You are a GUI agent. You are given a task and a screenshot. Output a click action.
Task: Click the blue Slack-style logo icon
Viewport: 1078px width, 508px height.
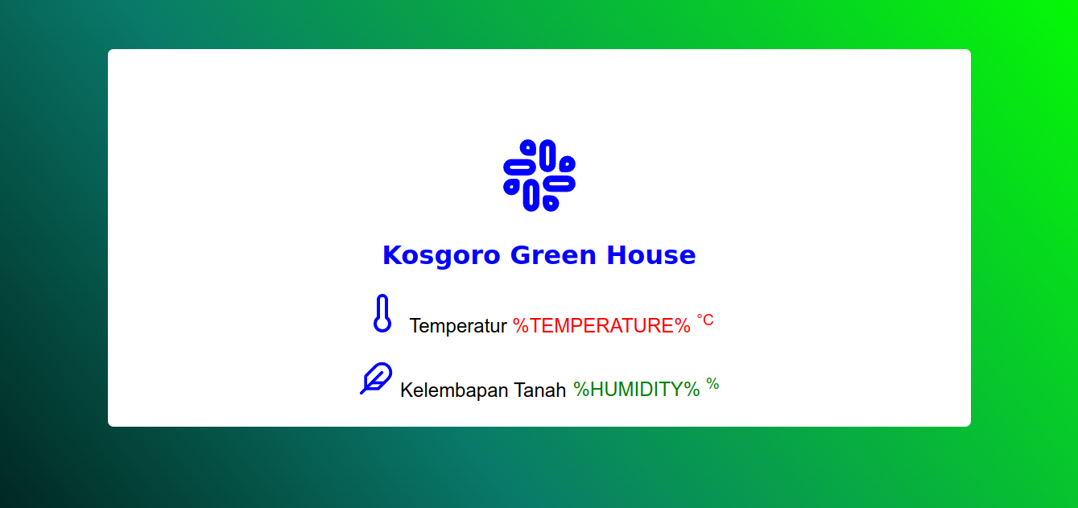coord(539,176)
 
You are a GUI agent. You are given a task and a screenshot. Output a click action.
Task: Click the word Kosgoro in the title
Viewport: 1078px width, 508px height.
coord(441,255)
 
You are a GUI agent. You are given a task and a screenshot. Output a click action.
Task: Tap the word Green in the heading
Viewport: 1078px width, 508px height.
coord(553,255)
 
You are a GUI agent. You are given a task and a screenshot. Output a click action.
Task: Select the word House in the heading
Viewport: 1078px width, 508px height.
coord(651,255)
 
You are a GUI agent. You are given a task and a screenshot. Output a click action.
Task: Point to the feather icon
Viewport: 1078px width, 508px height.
coord(376,378)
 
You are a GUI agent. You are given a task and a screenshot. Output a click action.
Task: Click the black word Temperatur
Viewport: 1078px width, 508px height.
coord(457,326)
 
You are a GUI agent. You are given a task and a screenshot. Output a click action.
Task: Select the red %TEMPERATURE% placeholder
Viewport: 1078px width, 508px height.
coord(601,326)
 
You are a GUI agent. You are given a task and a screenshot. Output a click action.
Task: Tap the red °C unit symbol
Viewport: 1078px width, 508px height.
coord(705,320)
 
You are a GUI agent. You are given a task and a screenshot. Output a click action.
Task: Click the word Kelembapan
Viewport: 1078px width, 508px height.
coord(454,390)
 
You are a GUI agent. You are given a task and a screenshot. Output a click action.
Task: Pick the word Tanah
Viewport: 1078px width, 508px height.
coord(539,390)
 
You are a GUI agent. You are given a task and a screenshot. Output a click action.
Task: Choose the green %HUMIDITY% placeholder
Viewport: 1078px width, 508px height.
coord(636,389)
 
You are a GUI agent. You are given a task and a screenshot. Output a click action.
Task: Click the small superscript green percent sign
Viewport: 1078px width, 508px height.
coord(712,384)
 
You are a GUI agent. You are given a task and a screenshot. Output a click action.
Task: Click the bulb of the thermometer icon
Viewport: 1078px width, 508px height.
coord(382,324)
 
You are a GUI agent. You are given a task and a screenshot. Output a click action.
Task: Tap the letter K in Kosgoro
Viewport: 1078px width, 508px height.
coord(392,255)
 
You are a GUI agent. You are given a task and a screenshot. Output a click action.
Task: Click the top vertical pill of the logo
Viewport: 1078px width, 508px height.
coord(547,155)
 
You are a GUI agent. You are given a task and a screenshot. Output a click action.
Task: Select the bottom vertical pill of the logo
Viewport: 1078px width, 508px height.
coord(531,196)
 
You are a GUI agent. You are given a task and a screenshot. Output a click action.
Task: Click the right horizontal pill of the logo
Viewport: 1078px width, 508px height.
coord(560,184)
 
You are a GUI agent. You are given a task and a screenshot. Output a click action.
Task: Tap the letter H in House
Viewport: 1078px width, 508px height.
coord(617,255)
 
